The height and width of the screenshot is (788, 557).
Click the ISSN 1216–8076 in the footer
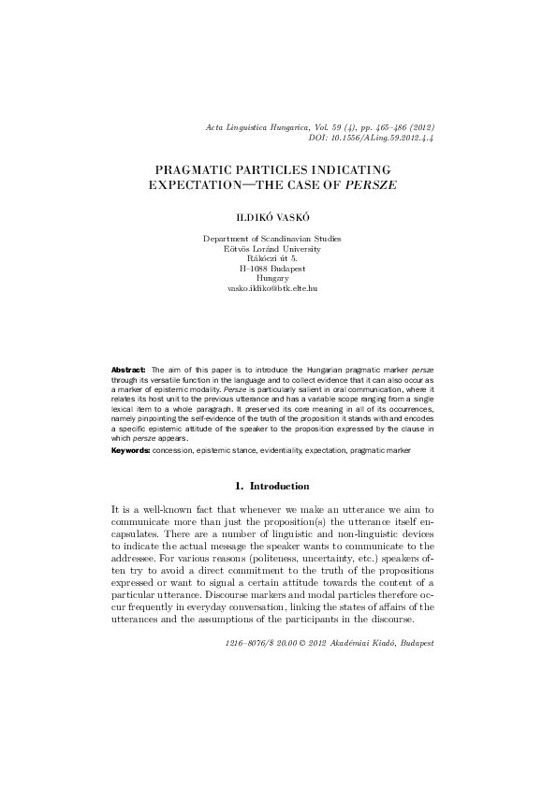coord(248,645)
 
